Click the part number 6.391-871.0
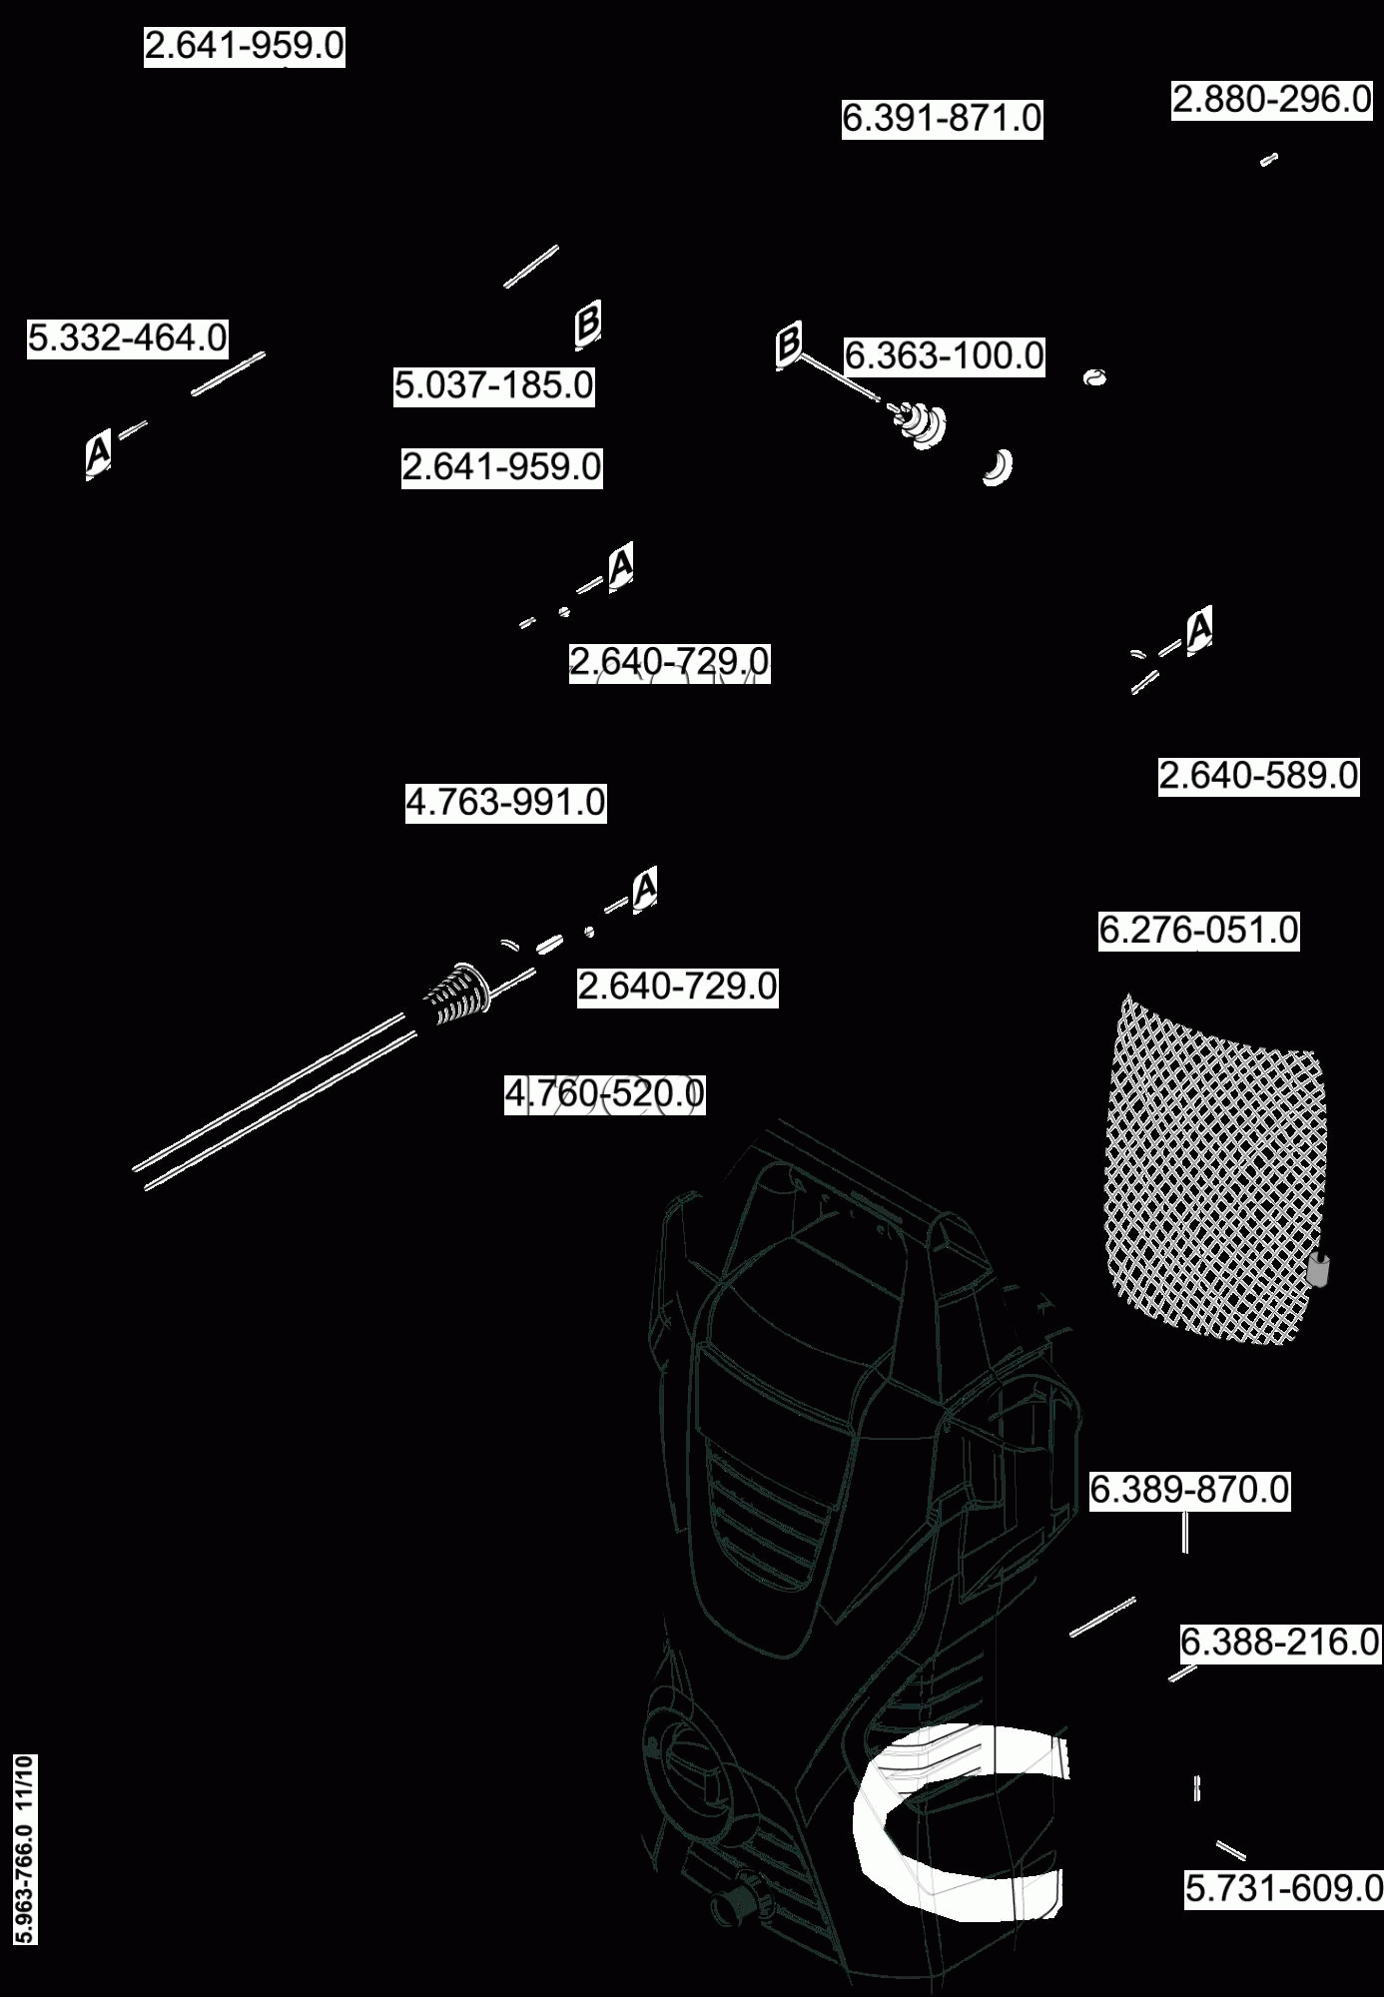pyautogui.click(x=942, y=118)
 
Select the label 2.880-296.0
pyautogui.click(x=1271, y=100)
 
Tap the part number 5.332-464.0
pyautogui.click(x=127, y=338)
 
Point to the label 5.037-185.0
pyautogui.click(x=494, y=385)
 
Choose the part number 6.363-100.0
pyautogui.click(x=945, y=355)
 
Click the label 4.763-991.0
pyautogui.click(x=505, y=802)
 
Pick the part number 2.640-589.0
pyautogui.click(x=1258, y=776)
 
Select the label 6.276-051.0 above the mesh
pyautogui.click(x=1198, y=931)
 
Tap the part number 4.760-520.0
pyautogui.click(x=604, y=1093)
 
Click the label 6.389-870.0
pyautogui.click(x=1189, y=1490)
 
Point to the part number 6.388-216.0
pyautogui.click(x=1279, y=1642)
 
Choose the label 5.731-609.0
pyautogui.click(x=1283, y=1888)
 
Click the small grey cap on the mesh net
pyautogui.click(x=1318, y=1270)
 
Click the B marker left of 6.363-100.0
pyautogui.click(x=789, y=344)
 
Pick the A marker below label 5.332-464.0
pyautogui.click(x=98, y=453)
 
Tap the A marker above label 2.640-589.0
pyautogui.click(x=1199, y=629)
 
